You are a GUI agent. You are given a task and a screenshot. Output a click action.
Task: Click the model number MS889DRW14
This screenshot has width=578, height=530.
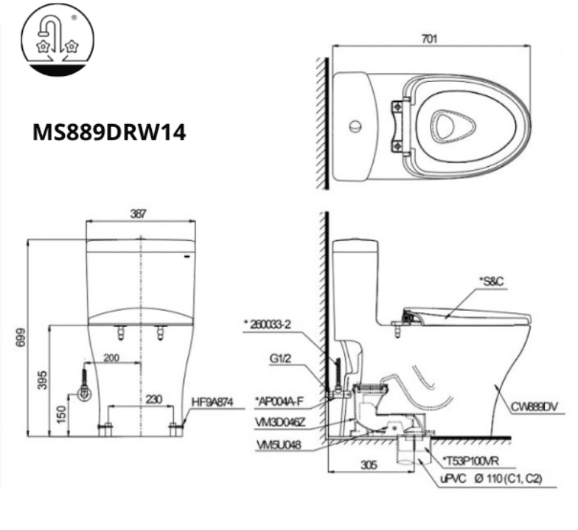(x=109, y=131)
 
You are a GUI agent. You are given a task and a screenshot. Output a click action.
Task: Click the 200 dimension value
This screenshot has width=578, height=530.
(x=111, y=357)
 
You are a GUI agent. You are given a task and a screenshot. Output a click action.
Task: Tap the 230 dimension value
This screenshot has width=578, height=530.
(x=153, y=399)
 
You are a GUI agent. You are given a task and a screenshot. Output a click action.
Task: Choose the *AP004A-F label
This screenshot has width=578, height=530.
(x=277, y=400)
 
